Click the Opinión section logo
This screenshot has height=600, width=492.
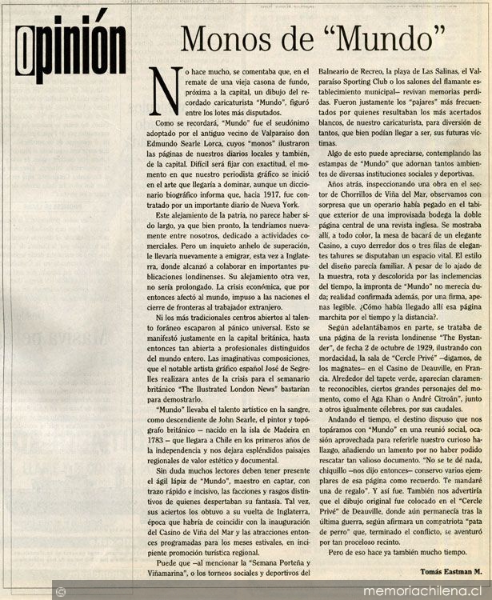[73, 38]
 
